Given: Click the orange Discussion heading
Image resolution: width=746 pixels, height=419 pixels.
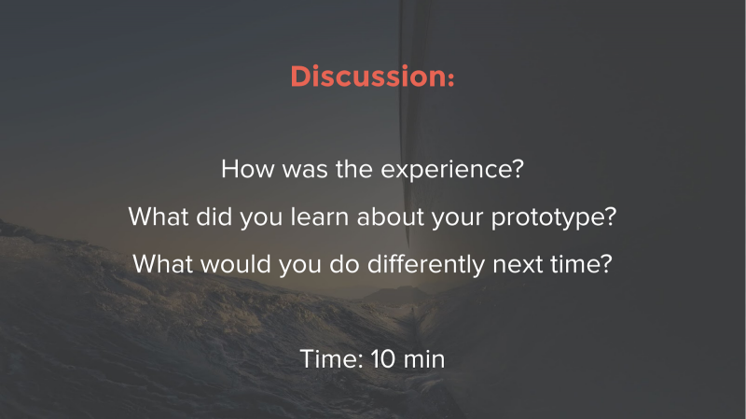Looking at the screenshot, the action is click(x=372, y=77).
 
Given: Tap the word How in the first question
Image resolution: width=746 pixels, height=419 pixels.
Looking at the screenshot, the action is click(x=247, y=169).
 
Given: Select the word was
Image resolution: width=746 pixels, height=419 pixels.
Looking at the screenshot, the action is click(x=305, y=171).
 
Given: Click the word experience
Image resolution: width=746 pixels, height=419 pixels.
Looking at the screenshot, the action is click(x=452, y=171).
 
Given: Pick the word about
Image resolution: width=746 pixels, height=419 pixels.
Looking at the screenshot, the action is click(x=390, y=216).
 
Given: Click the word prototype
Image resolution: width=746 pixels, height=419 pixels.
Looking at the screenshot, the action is click(x=554, y=218).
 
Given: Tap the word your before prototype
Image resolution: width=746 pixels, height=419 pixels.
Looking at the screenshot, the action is click(x=457, y=219).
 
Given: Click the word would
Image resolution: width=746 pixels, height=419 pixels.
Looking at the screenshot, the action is click(x=236, y=264).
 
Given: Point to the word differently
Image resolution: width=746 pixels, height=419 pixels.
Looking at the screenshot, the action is click(x=426, y=265).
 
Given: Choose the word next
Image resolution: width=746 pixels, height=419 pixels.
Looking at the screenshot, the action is click(x=518, y=265).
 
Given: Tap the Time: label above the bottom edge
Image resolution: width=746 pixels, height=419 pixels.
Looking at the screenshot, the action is click(x=332, y=359).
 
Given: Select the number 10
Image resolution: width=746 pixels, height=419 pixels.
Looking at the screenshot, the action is click(x=383, y=359).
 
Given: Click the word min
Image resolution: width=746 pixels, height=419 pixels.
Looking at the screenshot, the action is click(x=424, y=359).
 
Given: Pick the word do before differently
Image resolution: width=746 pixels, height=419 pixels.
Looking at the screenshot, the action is click(x=344, y=264).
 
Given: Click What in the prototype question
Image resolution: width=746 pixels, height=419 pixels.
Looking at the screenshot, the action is click(x=159, y=216).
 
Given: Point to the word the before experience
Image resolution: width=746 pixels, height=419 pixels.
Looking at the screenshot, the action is click(x=354, y=169).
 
